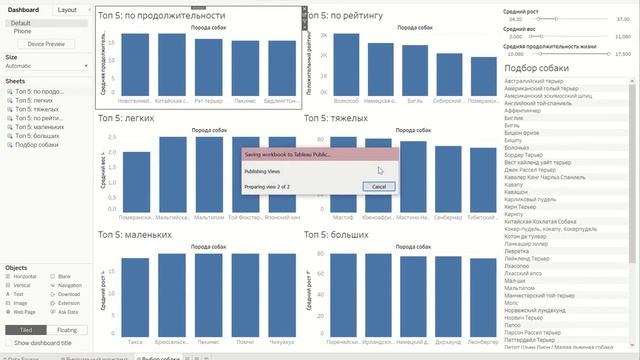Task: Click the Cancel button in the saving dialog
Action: pos(378,186)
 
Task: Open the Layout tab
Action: pos(67,9)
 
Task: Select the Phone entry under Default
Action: pos(22,31)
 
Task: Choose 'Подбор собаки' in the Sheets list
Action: pos(37,145)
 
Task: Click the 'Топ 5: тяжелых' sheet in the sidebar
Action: pos(35,109)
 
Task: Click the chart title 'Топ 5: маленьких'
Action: pos(135,235)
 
